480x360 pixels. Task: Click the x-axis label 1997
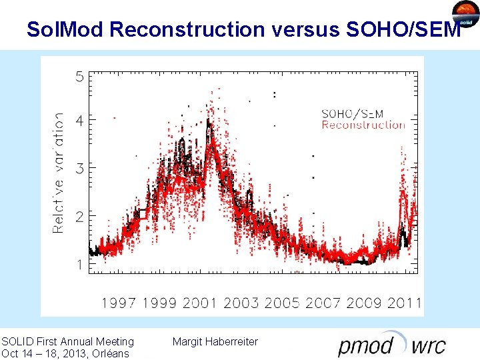pos(119,303)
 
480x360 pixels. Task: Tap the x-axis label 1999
pos(160,303)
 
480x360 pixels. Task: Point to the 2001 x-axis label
pos(200,303)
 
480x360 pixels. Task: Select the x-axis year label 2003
pos(241,303)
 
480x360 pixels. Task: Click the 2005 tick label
pos(282,303)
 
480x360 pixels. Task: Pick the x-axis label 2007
pos(323,303)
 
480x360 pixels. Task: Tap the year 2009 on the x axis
pos(364,303)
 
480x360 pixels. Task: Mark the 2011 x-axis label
pos(404,303)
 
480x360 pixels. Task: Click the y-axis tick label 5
pos(79,77)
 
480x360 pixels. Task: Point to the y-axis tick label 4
pos(79,121)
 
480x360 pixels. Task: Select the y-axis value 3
pos(79,169)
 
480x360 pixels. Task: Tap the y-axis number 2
pos(79,217)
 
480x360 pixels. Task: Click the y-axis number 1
pos(79,265)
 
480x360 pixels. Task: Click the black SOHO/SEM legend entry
pos(353,114)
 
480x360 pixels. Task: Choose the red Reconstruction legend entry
pos(363,125)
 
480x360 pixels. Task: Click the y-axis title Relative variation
pos(59,172)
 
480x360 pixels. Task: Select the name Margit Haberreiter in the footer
pos(215,342)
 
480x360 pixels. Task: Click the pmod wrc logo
pos(392,345)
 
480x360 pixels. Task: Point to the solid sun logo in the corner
pos(465,15)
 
